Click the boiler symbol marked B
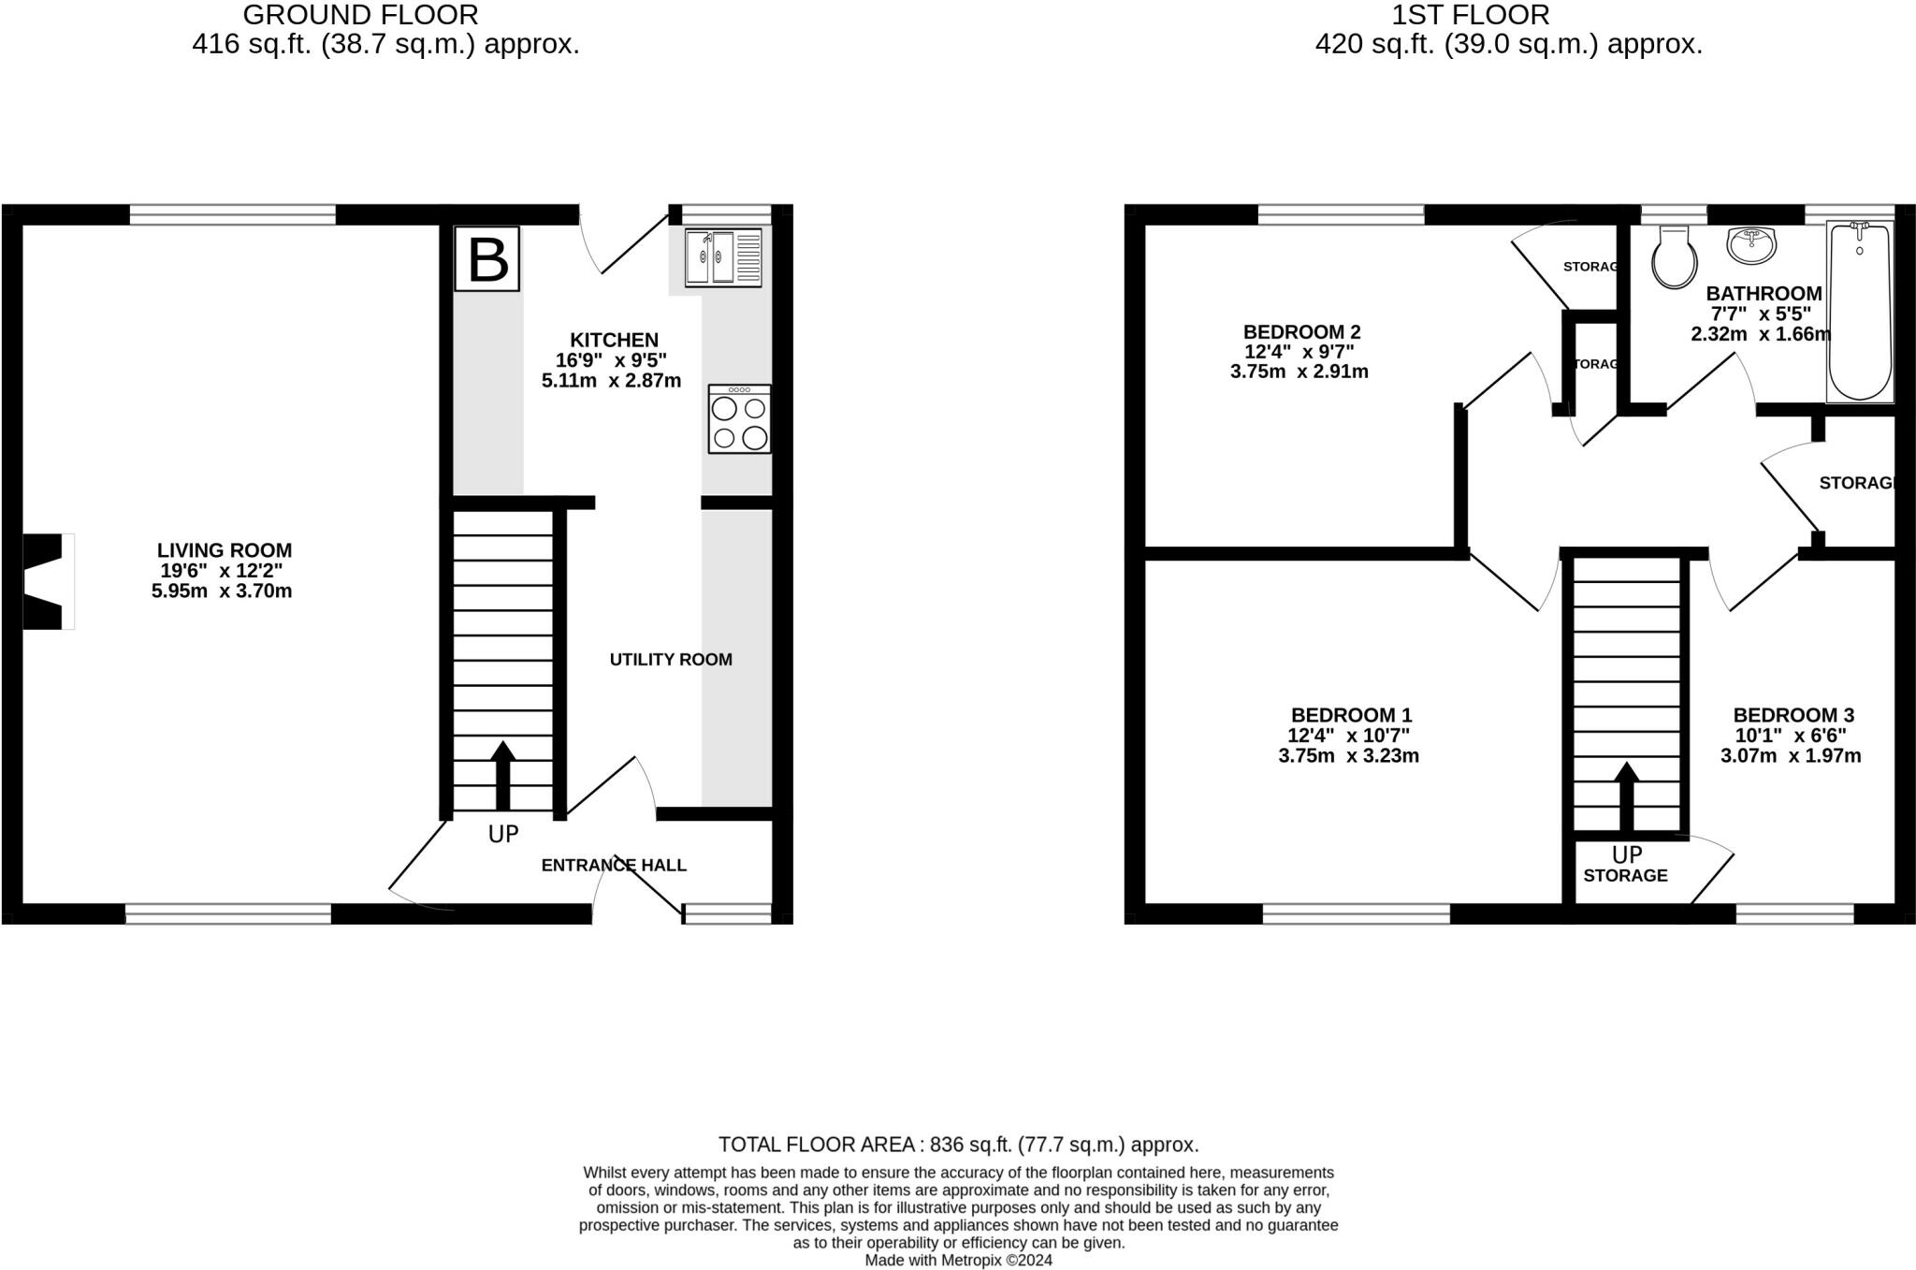click(x=487, y=259)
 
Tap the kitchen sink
click(x=723, y=257)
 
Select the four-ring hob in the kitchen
click(x=739, y=419)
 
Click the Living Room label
click(x=224, y=550)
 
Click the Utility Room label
click(x=671, y=660)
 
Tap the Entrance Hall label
click(x=614, y=865)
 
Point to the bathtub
click(x=1860, y=312)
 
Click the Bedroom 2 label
click(x=1301, y=331)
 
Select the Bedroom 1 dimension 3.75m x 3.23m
click(x=1348, y=756)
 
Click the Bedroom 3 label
click(x=1793, y=715)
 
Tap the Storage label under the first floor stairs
click(x=1625, y=876)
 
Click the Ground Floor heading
click(x=360, y=15)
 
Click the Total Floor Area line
click(x=958, y=1145)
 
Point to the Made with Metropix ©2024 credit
click(x=958, y=1261)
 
